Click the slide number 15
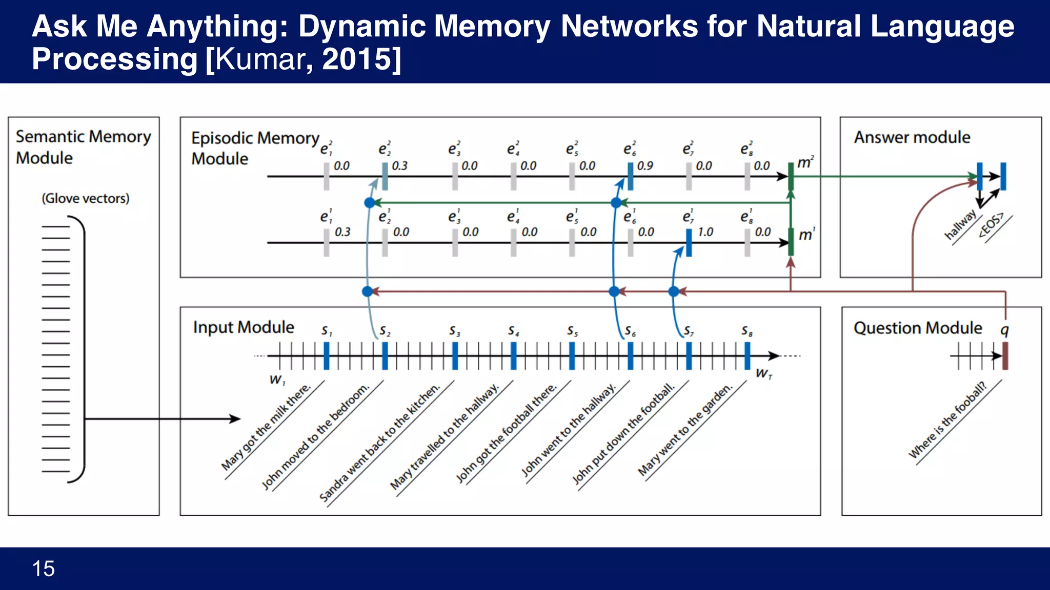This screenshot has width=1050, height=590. (44, 568)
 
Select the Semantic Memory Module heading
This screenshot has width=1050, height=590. (83, 147)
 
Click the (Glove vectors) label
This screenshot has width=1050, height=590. (86, 198)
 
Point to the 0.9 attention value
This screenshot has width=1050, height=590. (645, 166)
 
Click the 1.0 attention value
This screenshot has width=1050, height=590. (705, 232)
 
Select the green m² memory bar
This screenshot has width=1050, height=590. (791, 177)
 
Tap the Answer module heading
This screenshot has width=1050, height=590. (912, 137)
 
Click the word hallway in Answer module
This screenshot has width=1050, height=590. (960, 224)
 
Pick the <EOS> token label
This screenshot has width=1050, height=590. (991, 225)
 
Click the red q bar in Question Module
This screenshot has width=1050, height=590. (1005, 355)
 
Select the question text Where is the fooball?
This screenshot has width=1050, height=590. (947, 420)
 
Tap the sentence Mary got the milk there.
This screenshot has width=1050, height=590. (266, 427)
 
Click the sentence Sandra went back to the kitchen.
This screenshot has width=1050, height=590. (379, 442)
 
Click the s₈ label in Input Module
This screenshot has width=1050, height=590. (747, 331)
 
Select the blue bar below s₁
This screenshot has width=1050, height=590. (327, 355)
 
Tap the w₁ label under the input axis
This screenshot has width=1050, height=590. (277, 380)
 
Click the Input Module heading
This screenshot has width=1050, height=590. (244, 327)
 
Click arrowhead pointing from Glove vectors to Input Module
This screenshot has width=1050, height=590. (236, 419)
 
